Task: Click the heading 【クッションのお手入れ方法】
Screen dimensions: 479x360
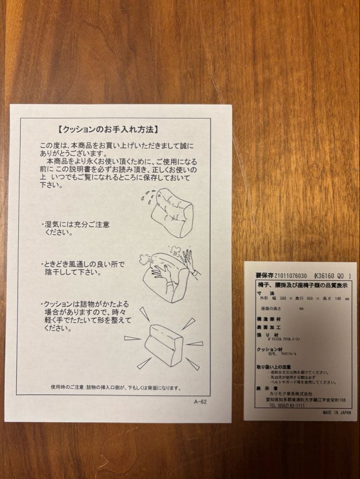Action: [x=108, y=130]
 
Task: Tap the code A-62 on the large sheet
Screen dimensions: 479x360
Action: [x=200, y=402]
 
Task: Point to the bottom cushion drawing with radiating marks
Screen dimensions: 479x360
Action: [x=164, y=344]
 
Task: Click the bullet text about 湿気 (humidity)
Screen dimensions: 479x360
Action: [x=75, y=228]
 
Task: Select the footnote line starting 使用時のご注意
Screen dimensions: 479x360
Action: [x=116, y=388]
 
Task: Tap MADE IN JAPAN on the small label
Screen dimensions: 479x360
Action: [x=337, y=412]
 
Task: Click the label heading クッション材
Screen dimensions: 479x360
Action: [x=269, y=349]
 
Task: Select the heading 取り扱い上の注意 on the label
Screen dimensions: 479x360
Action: [x=274, y=367]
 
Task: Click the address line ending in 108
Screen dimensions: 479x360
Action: [x=306, y=400]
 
